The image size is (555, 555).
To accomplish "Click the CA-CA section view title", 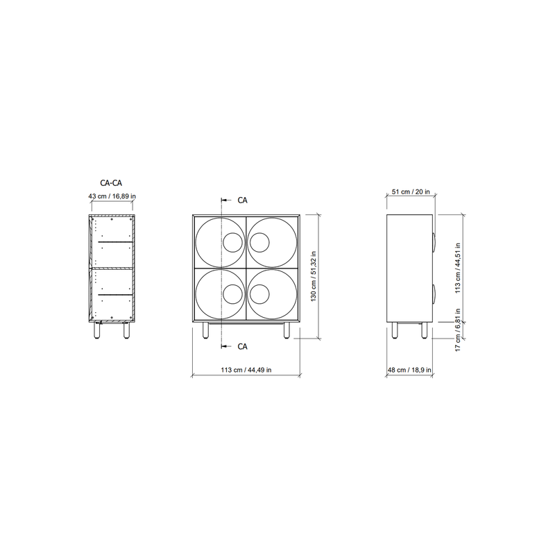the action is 111,183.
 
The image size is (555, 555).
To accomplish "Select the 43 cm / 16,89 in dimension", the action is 112,196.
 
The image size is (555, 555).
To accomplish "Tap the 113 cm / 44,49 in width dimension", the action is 246,370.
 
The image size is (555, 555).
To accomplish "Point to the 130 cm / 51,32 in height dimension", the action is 314,276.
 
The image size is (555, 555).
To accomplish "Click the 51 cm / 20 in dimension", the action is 411,191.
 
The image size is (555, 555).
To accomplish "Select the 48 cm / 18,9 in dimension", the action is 409,370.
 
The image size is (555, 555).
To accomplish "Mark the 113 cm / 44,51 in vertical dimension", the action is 458,268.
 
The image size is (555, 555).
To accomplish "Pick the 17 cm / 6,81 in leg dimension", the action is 458,330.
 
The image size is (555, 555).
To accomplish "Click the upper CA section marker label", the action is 242,200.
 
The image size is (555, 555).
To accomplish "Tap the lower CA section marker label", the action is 242,346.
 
